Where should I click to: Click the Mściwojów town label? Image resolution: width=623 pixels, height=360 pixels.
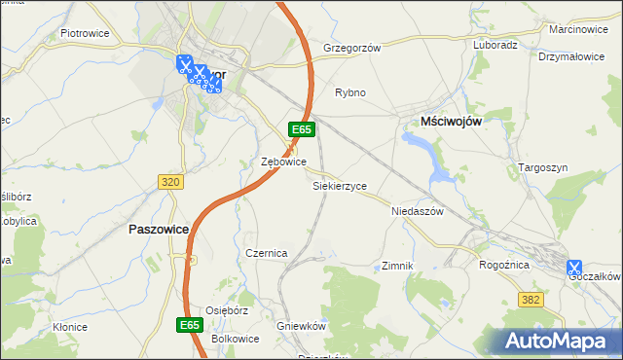(452, 120)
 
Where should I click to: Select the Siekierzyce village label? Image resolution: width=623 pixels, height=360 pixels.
(339, 185)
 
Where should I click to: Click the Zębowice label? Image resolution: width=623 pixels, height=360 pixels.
(284, 162)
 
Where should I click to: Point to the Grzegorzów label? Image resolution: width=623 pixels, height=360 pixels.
(350, 47)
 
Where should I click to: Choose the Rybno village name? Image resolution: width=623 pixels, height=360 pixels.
(350, 92)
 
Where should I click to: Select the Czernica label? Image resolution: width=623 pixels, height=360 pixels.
(266, 253)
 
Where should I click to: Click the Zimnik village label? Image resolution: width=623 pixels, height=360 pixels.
(398, 266)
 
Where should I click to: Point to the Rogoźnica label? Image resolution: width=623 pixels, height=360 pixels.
(504, 264)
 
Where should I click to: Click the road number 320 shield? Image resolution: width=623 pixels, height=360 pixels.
(169, 182)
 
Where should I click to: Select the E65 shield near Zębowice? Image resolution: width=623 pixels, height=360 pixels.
(301, 128)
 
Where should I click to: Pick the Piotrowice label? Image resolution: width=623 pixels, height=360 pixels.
(84, 33)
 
